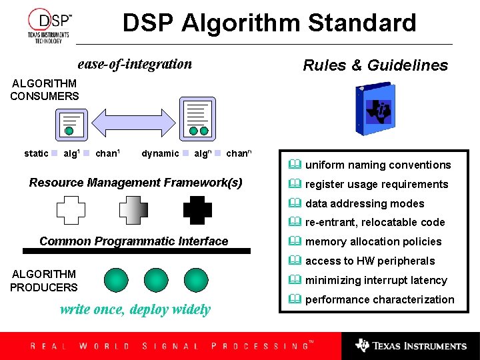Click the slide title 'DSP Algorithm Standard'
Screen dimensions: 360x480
pos(269,23)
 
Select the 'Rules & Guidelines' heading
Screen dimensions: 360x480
pos(375,65)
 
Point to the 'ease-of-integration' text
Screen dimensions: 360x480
pos(135,64)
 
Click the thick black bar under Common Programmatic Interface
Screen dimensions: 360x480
pos(137,251)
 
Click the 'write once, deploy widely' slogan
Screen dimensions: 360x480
pos(135,309)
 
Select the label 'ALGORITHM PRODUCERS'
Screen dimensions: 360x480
pos(44,281)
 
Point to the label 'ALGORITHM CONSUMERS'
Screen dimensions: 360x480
pos(45,90)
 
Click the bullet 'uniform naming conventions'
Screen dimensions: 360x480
pos(377,165)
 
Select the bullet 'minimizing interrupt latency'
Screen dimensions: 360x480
pos(375,281)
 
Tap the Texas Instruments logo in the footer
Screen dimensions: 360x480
pos(411,346)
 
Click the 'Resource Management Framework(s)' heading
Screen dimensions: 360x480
pos(136,183)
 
